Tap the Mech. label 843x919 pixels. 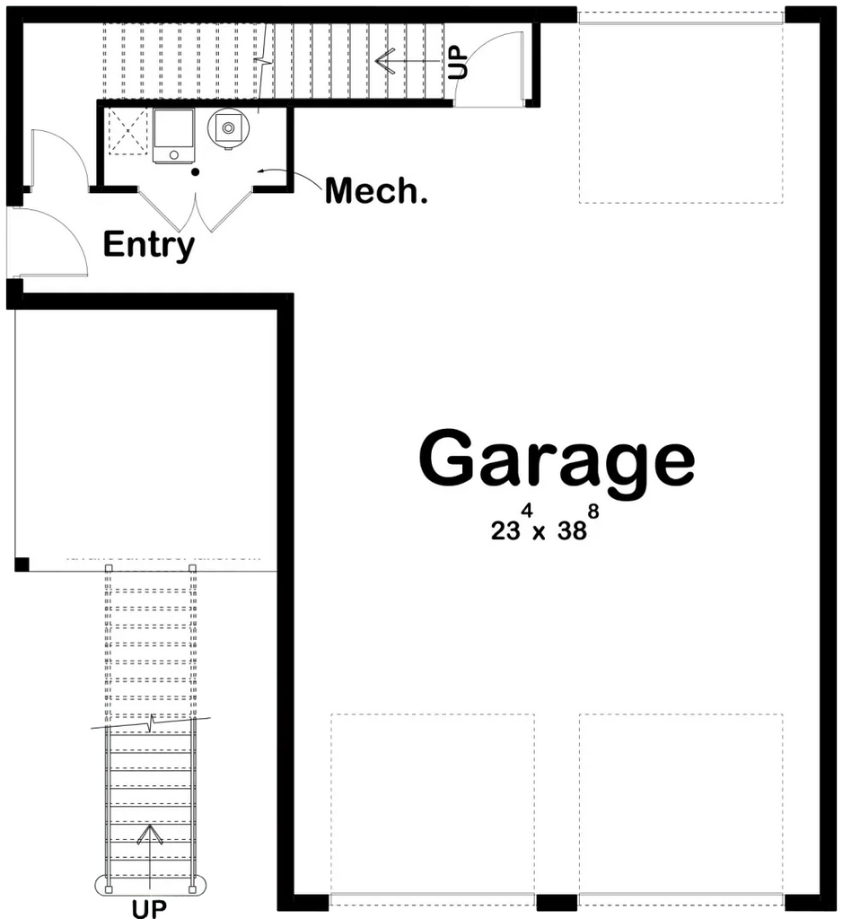click(x=375, y=190)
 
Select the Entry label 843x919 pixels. click(x=148, y=244)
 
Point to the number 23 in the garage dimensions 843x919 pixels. click(x=505, y=530)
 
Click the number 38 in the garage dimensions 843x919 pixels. click(x=571, y=530)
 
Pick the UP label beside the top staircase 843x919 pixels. click(x=458, y=62)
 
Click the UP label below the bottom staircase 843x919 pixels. click(x=149, y=908)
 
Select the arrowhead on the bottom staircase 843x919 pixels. click(x=149, y=835)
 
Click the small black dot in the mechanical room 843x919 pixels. click(x=196, y=171)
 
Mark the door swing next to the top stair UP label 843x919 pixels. click(x=490, y=67)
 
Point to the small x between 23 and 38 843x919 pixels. click(x=539, y=532)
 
